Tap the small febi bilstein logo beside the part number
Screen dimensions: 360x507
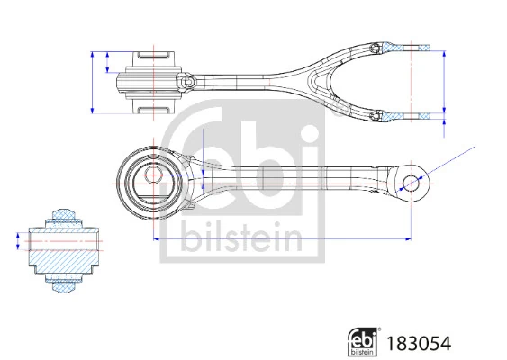tap(362, 341)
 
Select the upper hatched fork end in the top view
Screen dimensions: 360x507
tap(402, 46)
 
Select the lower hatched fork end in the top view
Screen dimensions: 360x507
tap(402, 115)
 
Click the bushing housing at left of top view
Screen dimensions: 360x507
tap(149, 81)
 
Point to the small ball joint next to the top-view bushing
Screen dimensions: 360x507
tap(190, 82)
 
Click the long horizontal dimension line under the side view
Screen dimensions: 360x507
tap(279, 239)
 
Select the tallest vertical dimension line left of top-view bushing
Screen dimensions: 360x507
tap(93, 81)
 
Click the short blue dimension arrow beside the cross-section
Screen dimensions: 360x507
tap(18, 241)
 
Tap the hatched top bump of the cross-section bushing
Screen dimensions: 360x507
tap(66, 214)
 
